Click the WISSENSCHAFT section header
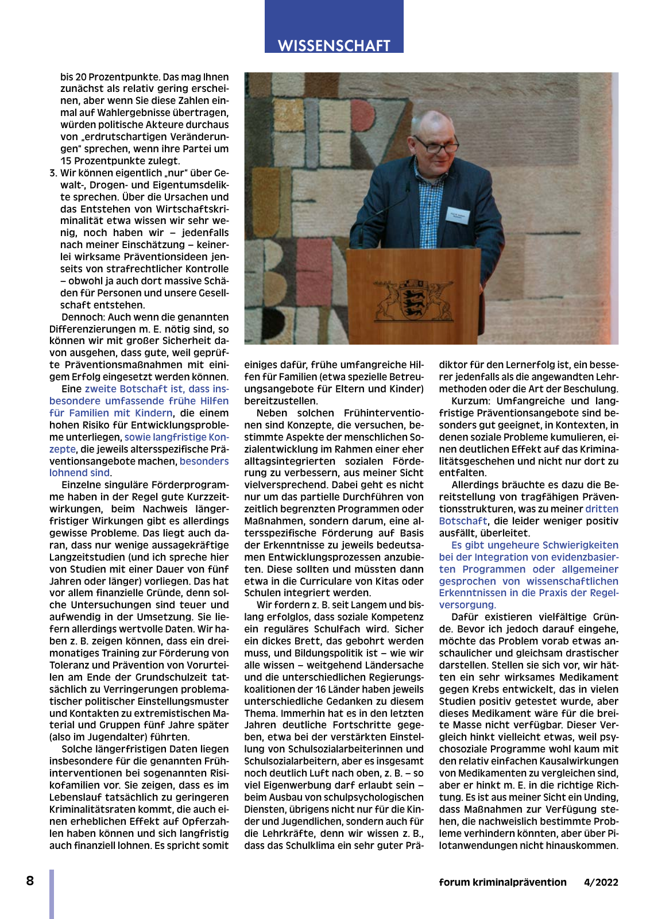coord(334,45)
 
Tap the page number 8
coord(30,881)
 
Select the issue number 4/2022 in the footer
coord(601,882)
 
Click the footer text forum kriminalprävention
coord(502,882)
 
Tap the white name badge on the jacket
coord(458,217)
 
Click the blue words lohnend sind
coord(79,473)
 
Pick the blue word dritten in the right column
coord(602,509)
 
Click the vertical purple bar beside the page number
coord(52,894)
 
